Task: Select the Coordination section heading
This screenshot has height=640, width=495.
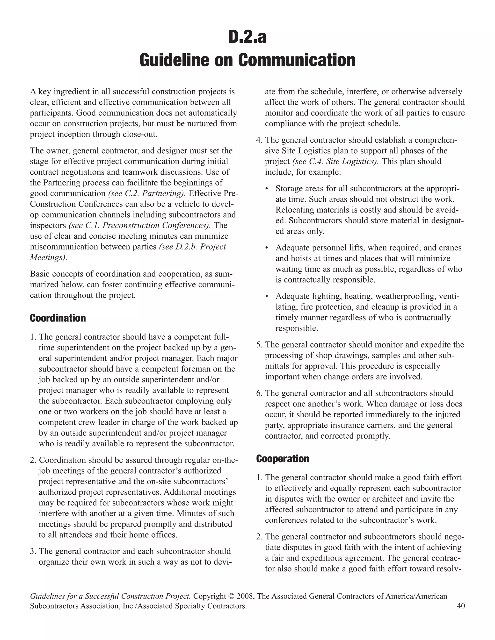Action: (58, 318)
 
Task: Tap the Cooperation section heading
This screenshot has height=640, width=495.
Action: (282, 459)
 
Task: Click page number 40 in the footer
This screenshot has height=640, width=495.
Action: (461, 606)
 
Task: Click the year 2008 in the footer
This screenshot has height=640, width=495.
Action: (245, 596)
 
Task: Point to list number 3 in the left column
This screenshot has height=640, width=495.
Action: (33, 551)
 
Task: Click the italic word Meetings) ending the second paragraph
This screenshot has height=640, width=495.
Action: (48, 257)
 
